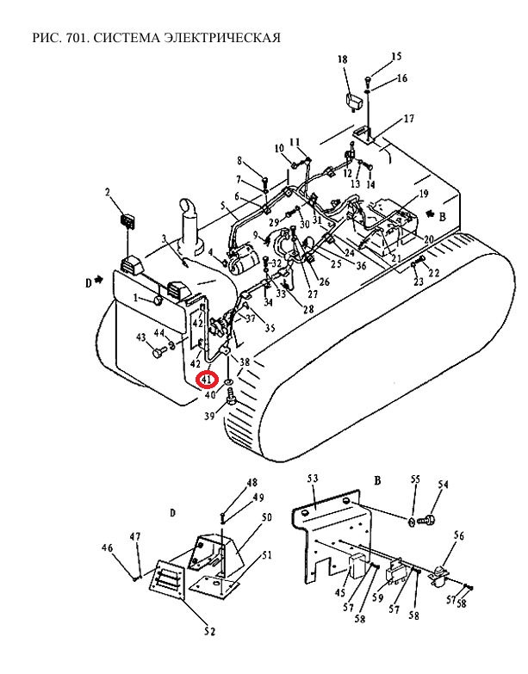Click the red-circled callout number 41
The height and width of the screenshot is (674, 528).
pos(208,380)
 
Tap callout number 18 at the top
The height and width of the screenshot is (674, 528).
pos(342,59)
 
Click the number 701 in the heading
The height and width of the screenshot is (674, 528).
pos(76,38)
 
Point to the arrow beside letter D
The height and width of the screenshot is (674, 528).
pos(99,280)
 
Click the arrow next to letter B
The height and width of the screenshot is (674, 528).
pos(429,213)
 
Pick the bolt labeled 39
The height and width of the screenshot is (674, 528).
pos(232,396)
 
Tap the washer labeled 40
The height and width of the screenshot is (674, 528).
pos(228,380)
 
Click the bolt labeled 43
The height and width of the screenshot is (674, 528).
pos(158,352)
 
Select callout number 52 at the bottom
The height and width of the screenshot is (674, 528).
pos(209,632)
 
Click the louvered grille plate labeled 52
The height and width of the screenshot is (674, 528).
pos(167,580)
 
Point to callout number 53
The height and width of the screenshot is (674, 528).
pos(313,479)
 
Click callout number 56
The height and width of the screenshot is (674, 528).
pos(459,535)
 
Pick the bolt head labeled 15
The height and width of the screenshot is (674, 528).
pos(368,79)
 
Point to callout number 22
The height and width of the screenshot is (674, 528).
pos(433,272)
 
